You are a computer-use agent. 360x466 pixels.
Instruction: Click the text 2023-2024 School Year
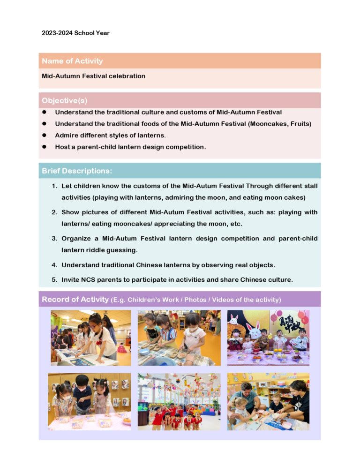coord(75,33)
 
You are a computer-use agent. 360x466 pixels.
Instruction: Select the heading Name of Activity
coord(72,61)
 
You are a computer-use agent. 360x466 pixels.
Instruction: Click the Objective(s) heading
coord(64,100)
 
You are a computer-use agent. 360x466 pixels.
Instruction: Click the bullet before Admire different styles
coord(45,135)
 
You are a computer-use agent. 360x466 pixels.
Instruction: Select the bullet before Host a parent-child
coord(45,147)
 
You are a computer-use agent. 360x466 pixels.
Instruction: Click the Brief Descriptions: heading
coord(77,171)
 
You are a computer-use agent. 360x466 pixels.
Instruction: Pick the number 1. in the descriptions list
coord(55,186)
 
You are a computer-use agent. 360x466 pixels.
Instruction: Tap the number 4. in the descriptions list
coord(55,265)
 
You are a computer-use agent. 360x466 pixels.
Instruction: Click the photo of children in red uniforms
coord(179,402)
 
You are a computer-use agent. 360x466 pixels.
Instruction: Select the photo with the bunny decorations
coord(268,338)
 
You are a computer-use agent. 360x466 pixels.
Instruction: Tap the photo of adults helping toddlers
coord(268,402)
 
